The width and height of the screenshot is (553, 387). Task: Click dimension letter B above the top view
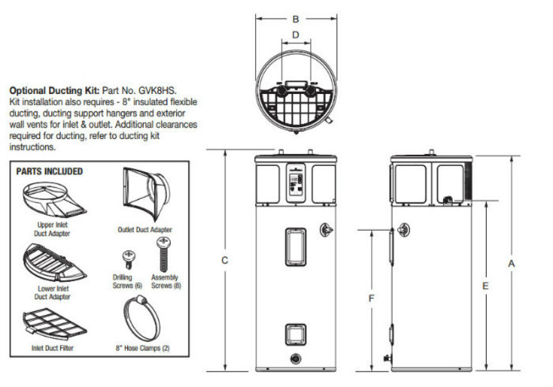pos(296,19)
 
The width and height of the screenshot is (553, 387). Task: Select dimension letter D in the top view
pos(296,35)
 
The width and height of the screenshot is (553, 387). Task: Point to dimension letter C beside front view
pos(224,261)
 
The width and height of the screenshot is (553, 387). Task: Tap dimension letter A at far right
pos(512,263)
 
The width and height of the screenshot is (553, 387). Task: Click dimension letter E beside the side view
pos(486,286)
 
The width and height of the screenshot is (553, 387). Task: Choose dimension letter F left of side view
pos(371,299)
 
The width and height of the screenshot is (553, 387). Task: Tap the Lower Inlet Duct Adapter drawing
pos(55,263)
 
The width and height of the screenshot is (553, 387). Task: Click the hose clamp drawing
pos(142,319)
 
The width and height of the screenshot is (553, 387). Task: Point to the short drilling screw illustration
pos(129,260)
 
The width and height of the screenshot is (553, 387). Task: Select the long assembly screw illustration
pos(163,254)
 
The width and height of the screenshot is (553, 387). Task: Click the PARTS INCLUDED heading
pos(49,171)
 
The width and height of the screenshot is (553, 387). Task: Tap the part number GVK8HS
pos(158,91)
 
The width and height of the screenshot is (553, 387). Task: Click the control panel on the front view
pos(296,182)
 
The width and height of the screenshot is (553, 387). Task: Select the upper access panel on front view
pos(296,247)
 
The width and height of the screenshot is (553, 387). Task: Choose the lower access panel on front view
pos(296,334)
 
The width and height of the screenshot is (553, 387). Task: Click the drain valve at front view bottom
pos(296,359)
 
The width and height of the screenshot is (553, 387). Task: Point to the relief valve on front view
pos(326,230)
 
